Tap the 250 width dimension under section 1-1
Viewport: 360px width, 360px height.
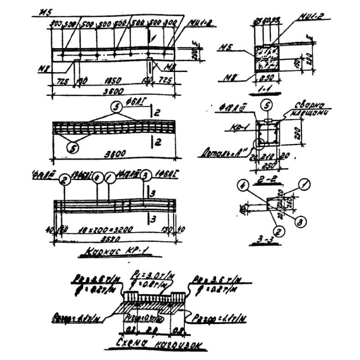[264, 78]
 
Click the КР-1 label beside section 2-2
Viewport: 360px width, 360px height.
[233, 127]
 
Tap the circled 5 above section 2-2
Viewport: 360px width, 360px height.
[266, 106]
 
